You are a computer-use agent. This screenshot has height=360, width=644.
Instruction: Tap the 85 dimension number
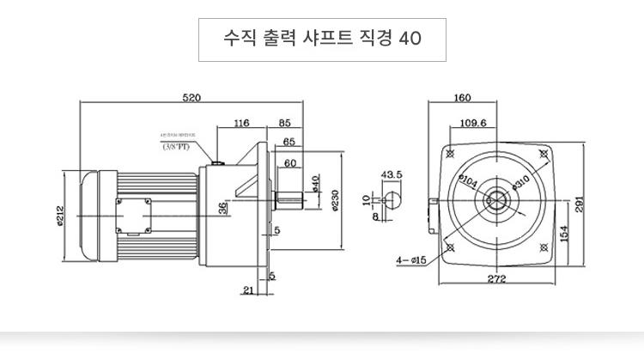tap(284, 124)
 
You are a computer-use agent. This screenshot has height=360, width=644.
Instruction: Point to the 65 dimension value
tap(289, 142)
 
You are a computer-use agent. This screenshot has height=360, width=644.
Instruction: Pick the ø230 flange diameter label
tap(334, 198)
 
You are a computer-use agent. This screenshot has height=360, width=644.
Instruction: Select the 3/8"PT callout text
tap(178, 146)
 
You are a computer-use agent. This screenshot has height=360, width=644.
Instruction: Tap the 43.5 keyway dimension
tap(392, 174)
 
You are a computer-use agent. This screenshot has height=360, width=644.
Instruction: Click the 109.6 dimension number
tap(472, 123)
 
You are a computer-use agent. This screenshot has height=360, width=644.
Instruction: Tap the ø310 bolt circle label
tap(520, 180)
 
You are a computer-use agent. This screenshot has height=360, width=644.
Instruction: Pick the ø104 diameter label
tap(469, 181)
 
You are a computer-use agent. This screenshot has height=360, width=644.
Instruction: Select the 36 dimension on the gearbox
tap(223, 208)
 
